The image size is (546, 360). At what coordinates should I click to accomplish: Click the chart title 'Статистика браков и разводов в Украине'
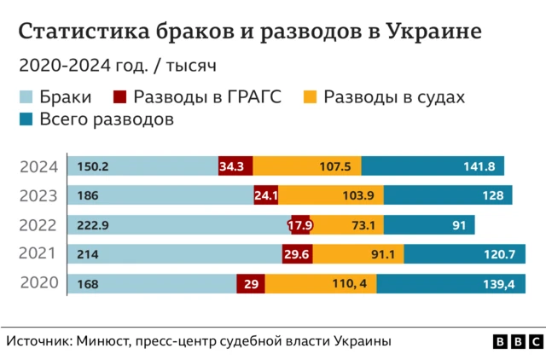point(249,32)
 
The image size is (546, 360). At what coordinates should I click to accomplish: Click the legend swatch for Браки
point(26,97)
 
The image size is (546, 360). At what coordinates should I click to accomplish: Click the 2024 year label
point(38,167)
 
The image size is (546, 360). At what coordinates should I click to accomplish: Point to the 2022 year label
point(38,225)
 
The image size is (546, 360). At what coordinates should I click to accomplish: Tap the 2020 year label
point(38,284)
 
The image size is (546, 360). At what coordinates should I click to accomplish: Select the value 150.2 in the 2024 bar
point(91,166)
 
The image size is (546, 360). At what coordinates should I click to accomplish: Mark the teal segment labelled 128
point(447,195)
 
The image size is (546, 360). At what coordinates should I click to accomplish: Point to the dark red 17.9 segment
point(300,225)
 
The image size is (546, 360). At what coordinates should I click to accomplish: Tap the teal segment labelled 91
point(430,225)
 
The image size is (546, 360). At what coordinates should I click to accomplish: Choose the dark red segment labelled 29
point(251,284)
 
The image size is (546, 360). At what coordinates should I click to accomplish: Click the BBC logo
point(516,341)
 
